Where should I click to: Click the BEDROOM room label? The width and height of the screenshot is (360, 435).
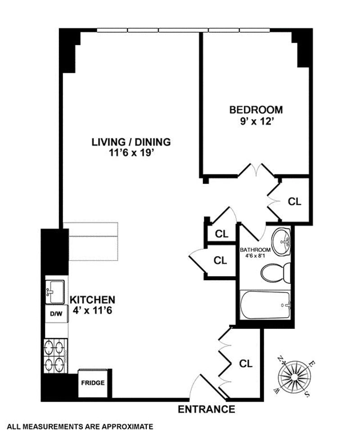tap(256, 109)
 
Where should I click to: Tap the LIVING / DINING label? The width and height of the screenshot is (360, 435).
tap(131, 142)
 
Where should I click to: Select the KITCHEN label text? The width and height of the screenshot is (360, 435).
tap(92, 300)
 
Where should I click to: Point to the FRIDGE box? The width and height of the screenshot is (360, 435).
tap(93, 383)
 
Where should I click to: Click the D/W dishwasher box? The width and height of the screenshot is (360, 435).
tap(55, 314)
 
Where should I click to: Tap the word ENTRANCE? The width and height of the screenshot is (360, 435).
tap(207, 409)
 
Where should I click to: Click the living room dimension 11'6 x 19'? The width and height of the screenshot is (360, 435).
tap(131, 153)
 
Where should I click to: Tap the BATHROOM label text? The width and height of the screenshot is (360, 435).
tap(255, 250)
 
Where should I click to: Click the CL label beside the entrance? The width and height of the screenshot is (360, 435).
tap(245, 363)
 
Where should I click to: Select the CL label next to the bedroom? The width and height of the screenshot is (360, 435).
tap(294, 202)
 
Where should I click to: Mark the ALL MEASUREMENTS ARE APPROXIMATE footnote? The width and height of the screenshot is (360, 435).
tap(77, 426)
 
